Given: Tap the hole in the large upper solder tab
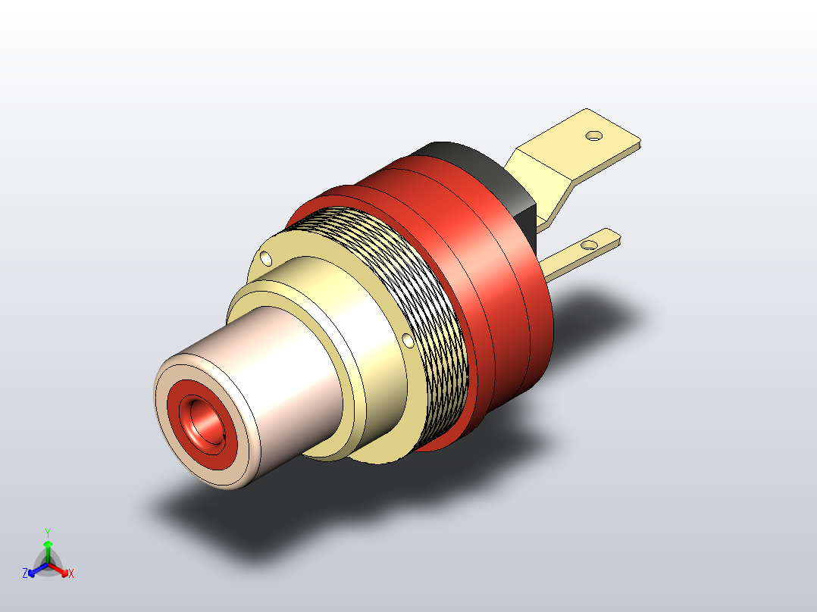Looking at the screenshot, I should click(x=594, y=136).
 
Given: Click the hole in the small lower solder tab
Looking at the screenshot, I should click(x=587, y=245).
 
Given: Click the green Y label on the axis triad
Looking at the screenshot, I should click(x=47, y=532).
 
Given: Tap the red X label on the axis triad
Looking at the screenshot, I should click(x=71, y=574).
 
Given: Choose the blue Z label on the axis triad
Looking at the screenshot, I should click(x=25, y=573).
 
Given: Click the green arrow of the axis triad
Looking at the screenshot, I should click(x=47, y=549).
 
